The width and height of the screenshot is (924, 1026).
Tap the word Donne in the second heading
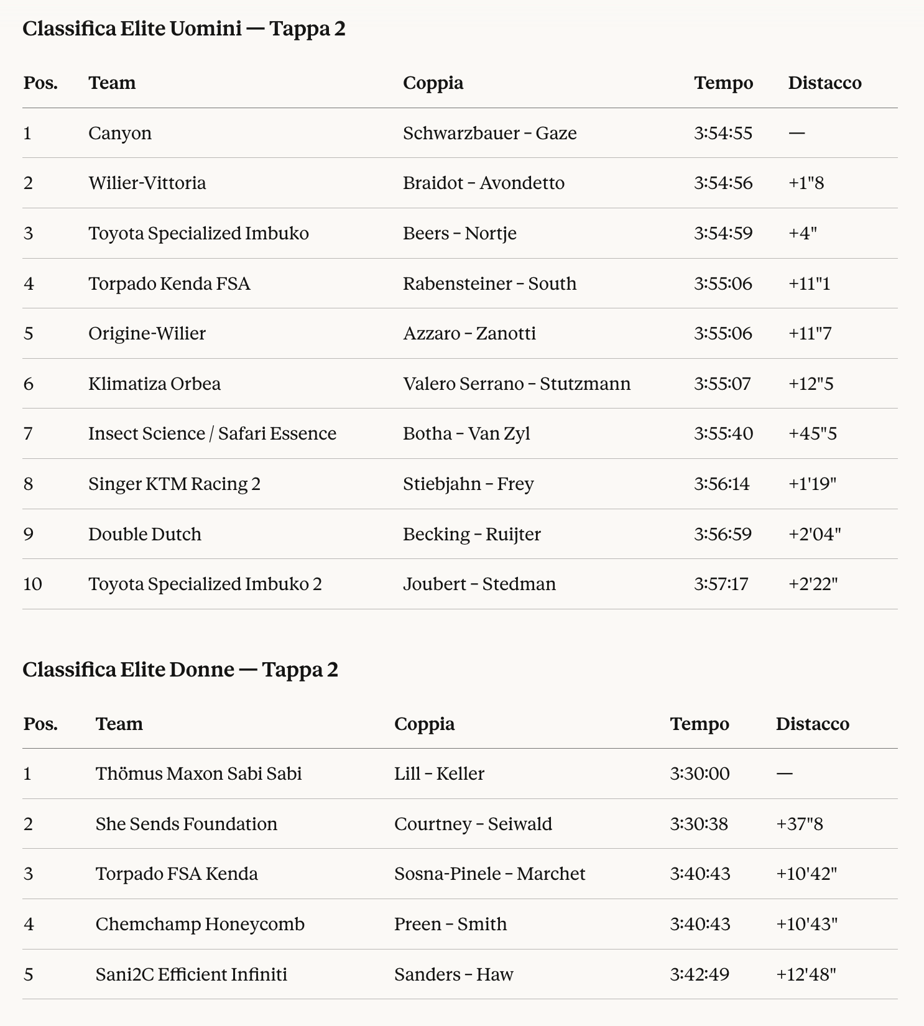(x=202, y=670)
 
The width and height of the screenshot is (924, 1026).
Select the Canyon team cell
(x=120, y=133)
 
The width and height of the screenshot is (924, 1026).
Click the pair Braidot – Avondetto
(x=483, y=183)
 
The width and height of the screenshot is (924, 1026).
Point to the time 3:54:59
(x=723, y=233)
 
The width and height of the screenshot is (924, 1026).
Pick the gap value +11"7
(x=810, y=333)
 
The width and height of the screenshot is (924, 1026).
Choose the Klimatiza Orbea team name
(x=154, y=384)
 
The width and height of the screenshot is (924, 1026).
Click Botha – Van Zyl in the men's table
(x=466, y=433)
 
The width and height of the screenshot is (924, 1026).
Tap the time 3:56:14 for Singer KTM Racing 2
(x=721, y=484)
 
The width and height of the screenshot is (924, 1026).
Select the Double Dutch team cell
(x=144, y=534)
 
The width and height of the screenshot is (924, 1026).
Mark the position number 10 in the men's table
(x=32, y=584)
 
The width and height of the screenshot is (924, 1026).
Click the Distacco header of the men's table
(x=825, y=83)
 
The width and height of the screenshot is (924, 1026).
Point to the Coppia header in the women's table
(x=424, y=724)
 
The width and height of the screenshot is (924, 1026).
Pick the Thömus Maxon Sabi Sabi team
(x=198, y=774)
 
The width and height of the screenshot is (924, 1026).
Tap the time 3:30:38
(x=699, y=824)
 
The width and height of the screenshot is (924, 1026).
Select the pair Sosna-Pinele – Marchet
(x=489, y=874)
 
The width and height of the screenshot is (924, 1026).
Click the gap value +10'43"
(x=806, y=924)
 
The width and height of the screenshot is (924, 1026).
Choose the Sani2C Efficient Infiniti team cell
(x=191, y=974)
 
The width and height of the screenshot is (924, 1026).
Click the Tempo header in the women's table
(x=700, y=724)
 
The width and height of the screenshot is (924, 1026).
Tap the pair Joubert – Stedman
(x=479, y=584)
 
